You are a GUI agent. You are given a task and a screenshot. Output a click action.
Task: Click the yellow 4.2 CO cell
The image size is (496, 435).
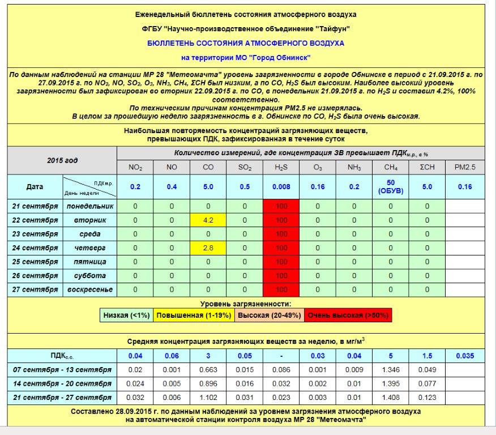208,220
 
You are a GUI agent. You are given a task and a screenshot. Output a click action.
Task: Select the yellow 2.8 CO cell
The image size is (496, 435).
208,248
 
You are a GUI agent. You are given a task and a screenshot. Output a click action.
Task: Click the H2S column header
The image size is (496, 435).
281,167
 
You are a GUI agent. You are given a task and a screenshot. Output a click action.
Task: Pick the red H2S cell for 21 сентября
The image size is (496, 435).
281,206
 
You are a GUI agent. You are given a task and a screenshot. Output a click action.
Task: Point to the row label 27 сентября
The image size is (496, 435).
35,289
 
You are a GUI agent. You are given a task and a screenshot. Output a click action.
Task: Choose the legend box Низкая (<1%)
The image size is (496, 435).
126,315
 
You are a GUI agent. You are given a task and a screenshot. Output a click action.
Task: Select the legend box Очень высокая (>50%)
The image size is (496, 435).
348,315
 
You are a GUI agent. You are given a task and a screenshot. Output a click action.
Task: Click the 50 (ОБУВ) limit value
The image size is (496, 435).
391,187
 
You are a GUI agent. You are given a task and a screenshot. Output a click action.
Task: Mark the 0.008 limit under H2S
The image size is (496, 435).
281,187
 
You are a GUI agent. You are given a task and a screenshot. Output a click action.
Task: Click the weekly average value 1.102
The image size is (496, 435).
208,397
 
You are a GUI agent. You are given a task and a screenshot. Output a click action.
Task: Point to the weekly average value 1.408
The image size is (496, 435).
391,397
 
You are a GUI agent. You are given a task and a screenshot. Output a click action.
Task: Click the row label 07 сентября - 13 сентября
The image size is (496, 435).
62,370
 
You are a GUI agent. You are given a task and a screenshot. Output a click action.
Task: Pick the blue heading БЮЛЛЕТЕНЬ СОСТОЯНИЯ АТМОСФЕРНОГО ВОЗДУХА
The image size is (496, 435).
245,43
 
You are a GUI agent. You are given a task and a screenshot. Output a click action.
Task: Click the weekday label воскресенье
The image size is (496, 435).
89,289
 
